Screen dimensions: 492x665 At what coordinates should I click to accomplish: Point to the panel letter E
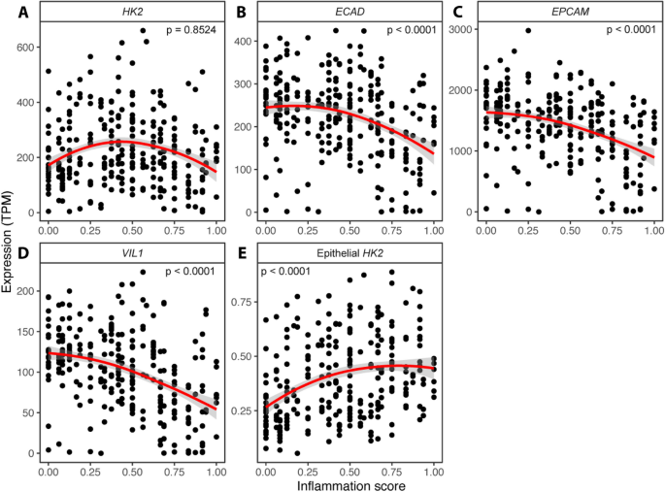point(236,253)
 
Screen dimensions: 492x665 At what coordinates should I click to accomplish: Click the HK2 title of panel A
point(130,12)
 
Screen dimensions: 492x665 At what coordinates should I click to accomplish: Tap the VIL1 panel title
point(130,253)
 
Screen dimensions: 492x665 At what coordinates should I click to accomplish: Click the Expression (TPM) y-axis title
point(9,240)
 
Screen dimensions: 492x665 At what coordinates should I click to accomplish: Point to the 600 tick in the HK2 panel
point(26,47)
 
